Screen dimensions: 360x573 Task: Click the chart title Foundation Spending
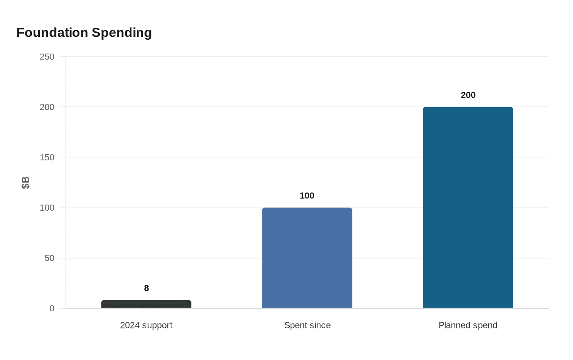click(84, 32)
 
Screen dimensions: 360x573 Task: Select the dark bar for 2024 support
click(146, 304)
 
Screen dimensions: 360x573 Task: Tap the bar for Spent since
click(307, 258)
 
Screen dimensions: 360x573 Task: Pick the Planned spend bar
click(468, 207)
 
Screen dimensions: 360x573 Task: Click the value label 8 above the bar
click(147, 288)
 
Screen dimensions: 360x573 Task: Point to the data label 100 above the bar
click(307, 196)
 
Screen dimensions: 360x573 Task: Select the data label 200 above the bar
click(468, 95)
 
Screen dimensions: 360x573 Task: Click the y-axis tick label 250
click(47, 57)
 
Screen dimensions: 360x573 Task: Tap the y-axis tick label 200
click(47, 107)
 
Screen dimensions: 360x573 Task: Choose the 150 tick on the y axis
click(47, 157)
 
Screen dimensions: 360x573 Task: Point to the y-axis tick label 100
click(47, 208)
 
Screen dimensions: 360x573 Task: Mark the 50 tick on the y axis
click(50, 258)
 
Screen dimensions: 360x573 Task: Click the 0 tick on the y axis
click(52, 308)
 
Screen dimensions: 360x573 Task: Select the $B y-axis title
click(25, 182)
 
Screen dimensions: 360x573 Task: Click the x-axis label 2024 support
click(146, 325)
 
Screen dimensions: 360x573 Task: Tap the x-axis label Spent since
click(307, 325)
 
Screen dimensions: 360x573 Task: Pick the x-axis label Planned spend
click(468, 325)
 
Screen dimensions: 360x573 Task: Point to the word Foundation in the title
click(52, 32)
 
